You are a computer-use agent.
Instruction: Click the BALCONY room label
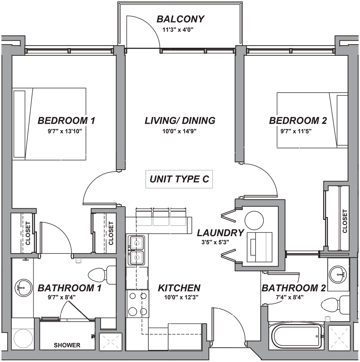pyautogui.click(x=181, y=19)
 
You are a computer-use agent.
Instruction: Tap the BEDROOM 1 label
pyautogui.click(x=67, y=121)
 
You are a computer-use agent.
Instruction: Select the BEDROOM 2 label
pyautogui.click(x=298, y=121)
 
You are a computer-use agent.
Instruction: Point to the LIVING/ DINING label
pyautogui.click(x=180, y=121)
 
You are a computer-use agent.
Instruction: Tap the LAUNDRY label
pyautogui.click(x=221, y=233)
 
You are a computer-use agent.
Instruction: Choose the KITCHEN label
pyautogui.click(x=179, y=288)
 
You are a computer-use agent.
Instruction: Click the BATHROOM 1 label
pyautogui.click(x=70, y=288)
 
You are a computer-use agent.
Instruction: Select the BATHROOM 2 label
pyautogui.click(x=293, y=288)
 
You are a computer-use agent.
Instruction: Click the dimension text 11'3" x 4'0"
pyautogui.click(x=178, y=30)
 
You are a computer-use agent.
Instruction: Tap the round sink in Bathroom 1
pyautogui.click(x=22, y=287)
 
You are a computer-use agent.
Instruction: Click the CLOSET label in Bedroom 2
pyautogui.click(x=345, y=221)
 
